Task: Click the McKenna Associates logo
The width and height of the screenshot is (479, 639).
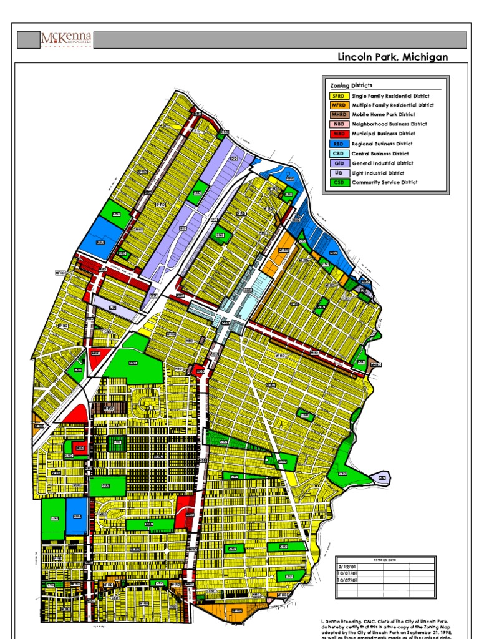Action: [66, 41]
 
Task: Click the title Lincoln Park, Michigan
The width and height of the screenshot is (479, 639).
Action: [392, 57]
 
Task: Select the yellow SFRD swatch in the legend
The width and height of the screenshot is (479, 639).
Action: [339, 96]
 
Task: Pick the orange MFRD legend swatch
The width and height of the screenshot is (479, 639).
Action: [339, 105]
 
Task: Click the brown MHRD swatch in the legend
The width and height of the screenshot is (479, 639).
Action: [339, 115]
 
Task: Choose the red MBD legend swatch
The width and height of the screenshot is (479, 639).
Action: [339, 134]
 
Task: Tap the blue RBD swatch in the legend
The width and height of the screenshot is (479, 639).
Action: [339, 144]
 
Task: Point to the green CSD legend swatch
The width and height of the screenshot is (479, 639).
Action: [339, 182]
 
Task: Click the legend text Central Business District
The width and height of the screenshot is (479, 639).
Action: [380, 154]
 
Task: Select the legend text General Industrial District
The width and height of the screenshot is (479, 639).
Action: [382, 163]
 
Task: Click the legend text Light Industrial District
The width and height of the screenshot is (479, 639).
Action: [378, 173]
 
